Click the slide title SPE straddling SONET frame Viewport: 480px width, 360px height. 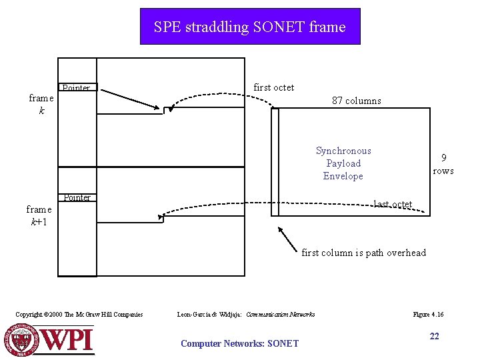tap(249, 27)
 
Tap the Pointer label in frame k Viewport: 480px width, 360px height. tap(77, 88)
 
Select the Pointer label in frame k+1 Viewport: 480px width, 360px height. tap(77, 197)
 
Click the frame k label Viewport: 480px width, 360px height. tap(41, 104)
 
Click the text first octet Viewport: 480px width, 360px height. tap(274, 87)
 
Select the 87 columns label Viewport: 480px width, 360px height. tap(357, 101)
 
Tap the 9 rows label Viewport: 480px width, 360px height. tap(443, 164)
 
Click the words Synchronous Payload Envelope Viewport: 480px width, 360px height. tap(343, 163)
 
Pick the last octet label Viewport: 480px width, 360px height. tap(393, 204)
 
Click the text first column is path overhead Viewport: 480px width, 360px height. tap(363, 253)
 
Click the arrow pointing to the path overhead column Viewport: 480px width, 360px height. tap(287, 238)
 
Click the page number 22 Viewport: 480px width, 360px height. tap(434, 336)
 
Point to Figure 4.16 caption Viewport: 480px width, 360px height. tap(428, 314)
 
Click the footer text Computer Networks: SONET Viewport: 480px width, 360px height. tap(239, 343)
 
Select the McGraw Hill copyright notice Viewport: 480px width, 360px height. tap(79, 314)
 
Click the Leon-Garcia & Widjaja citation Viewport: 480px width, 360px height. tap(246, 314)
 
